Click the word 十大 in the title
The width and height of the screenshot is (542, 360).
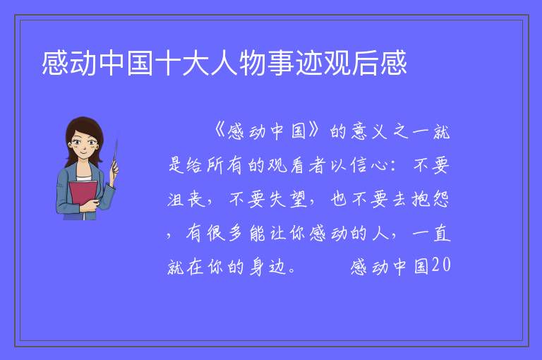182,63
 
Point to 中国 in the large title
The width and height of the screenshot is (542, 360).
126,63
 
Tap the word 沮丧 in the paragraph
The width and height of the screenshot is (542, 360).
186,199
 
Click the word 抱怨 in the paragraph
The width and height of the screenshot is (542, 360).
430,199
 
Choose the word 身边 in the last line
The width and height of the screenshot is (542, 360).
267,266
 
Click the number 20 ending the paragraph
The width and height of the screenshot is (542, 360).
441,265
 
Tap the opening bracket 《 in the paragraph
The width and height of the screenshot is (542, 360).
219,131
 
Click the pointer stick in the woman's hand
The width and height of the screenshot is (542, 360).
115,155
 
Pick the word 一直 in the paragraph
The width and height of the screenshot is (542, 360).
431,233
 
